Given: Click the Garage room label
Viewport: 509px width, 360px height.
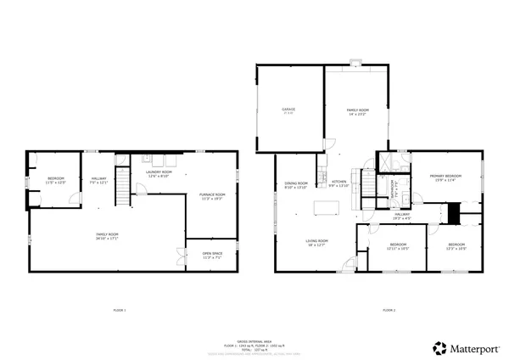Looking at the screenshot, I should (x=288, y=110).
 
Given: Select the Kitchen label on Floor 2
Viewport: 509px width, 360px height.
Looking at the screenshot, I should (x=339, y=182).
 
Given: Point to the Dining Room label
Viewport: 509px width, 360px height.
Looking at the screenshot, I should (x=296, y=183).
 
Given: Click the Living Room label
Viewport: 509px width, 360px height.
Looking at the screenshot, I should (x=316, y=241).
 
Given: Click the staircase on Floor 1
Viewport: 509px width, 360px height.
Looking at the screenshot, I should (x=124, y=187).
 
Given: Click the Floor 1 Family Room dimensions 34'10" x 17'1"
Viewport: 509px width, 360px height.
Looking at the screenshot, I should (x=107, y=239).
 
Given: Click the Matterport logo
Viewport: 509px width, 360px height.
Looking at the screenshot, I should (x=463, y=347).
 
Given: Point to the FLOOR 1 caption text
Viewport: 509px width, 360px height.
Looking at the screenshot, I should (x=120, y=310).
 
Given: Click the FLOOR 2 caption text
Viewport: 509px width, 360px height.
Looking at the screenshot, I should (x=389, y=310).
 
